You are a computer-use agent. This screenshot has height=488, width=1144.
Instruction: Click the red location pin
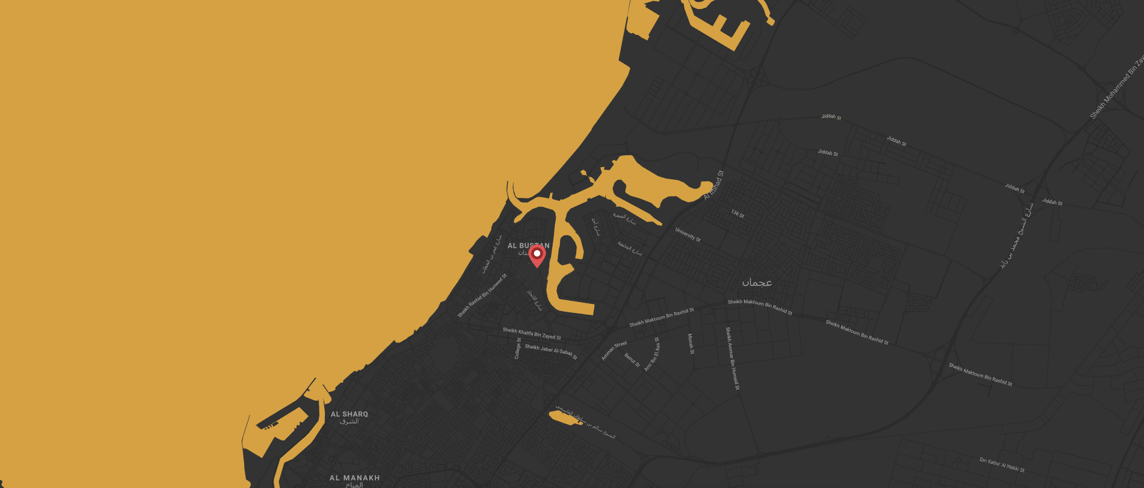click(537, 255)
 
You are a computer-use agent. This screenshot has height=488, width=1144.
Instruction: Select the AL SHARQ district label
click(349, 414)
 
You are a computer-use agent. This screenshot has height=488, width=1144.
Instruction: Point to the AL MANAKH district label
click(354, 478)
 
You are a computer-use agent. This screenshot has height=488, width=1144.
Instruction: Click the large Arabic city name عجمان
click(757, 282)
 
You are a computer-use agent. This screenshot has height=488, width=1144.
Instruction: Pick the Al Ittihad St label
click(714, 185)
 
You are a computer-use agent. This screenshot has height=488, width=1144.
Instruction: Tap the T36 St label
click(737, 214)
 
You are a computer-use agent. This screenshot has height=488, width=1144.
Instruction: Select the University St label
click(687, 234)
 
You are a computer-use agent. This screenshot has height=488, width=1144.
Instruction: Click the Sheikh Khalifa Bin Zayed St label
click(532, 333)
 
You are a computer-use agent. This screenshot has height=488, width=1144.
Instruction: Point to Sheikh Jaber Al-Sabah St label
click(551, 351)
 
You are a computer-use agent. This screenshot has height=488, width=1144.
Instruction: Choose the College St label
click(518, 348)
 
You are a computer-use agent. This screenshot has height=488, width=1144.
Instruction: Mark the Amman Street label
click(614, 351)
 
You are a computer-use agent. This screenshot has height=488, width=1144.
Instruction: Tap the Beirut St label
click(632, 360)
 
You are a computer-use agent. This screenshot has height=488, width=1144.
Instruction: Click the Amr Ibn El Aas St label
click(652, 354)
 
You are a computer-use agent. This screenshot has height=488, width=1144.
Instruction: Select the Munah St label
click(691, 344)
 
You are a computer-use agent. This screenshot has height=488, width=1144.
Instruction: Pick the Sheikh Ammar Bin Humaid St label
click(732, 359)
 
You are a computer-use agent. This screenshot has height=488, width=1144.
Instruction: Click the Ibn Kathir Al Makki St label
click(1001, 465)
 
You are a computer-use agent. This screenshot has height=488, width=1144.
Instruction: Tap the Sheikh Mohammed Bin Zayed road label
click(1118, 88)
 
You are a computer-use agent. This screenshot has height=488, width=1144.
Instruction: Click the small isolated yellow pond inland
click(565, 417)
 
